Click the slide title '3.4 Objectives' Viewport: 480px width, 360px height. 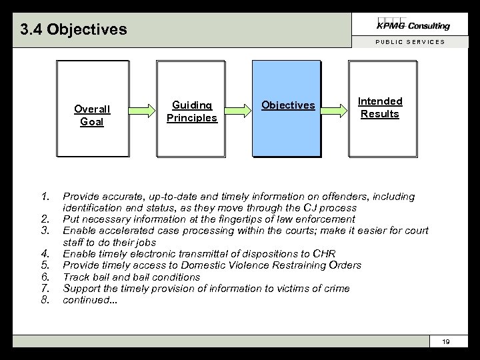tap(73, 30)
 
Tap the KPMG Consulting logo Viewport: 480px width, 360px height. tap(414, 25)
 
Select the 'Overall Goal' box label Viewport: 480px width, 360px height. tap(92, 115)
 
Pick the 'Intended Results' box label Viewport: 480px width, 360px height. tap(380, 107)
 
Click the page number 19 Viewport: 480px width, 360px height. tap(446, 342)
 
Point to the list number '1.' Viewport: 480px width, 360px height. tap(45, 197)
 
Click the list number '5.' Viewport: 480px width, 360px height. tap(45, 265)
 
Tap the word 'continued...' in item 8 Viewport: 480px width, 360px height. tap(89, 300)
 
